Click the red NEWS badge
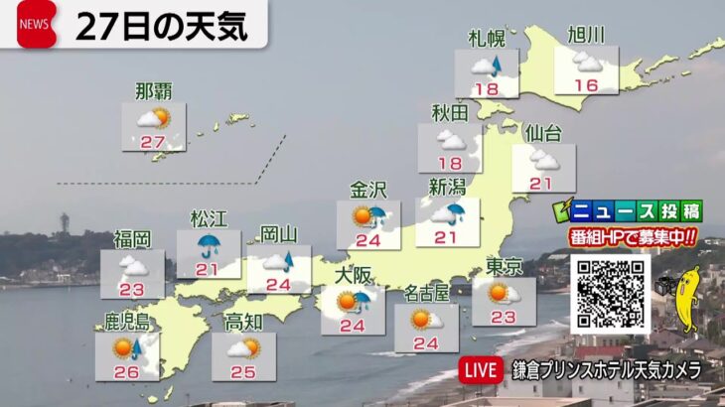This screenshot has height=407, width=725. [37, 25]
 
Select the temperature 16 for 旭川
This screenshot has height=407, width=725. [586, 85]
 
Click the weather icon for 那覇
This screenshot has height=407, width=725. [153, 120]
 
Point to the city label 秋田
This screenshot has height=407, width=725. [450, 113]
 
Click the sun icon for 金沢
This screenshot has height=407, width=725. [362, 215]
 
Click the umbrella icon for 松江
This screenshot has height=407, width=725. [209, 245]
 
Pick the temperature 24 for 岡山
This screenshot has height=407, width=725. [279, 284]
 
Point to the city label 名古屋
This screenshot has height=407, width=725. [427, 293]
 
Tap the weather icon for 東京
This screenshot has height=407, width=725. [504, 292]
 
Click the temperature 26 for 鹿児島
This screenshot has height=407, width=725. [126, 371]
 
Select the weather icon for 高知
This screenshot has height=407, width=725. [243, 347]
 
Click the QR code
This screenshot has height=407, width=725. [609, 292]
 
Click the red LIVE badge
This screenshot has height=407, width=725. [481, 369]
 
